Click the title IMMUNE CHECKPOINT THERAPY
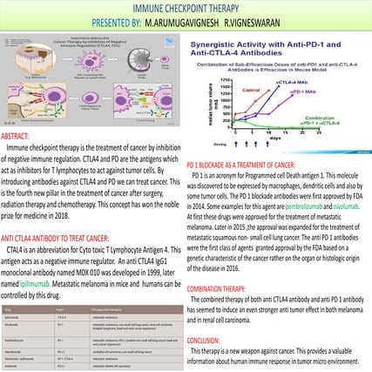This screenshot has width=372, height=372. (x=186, y=8)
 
